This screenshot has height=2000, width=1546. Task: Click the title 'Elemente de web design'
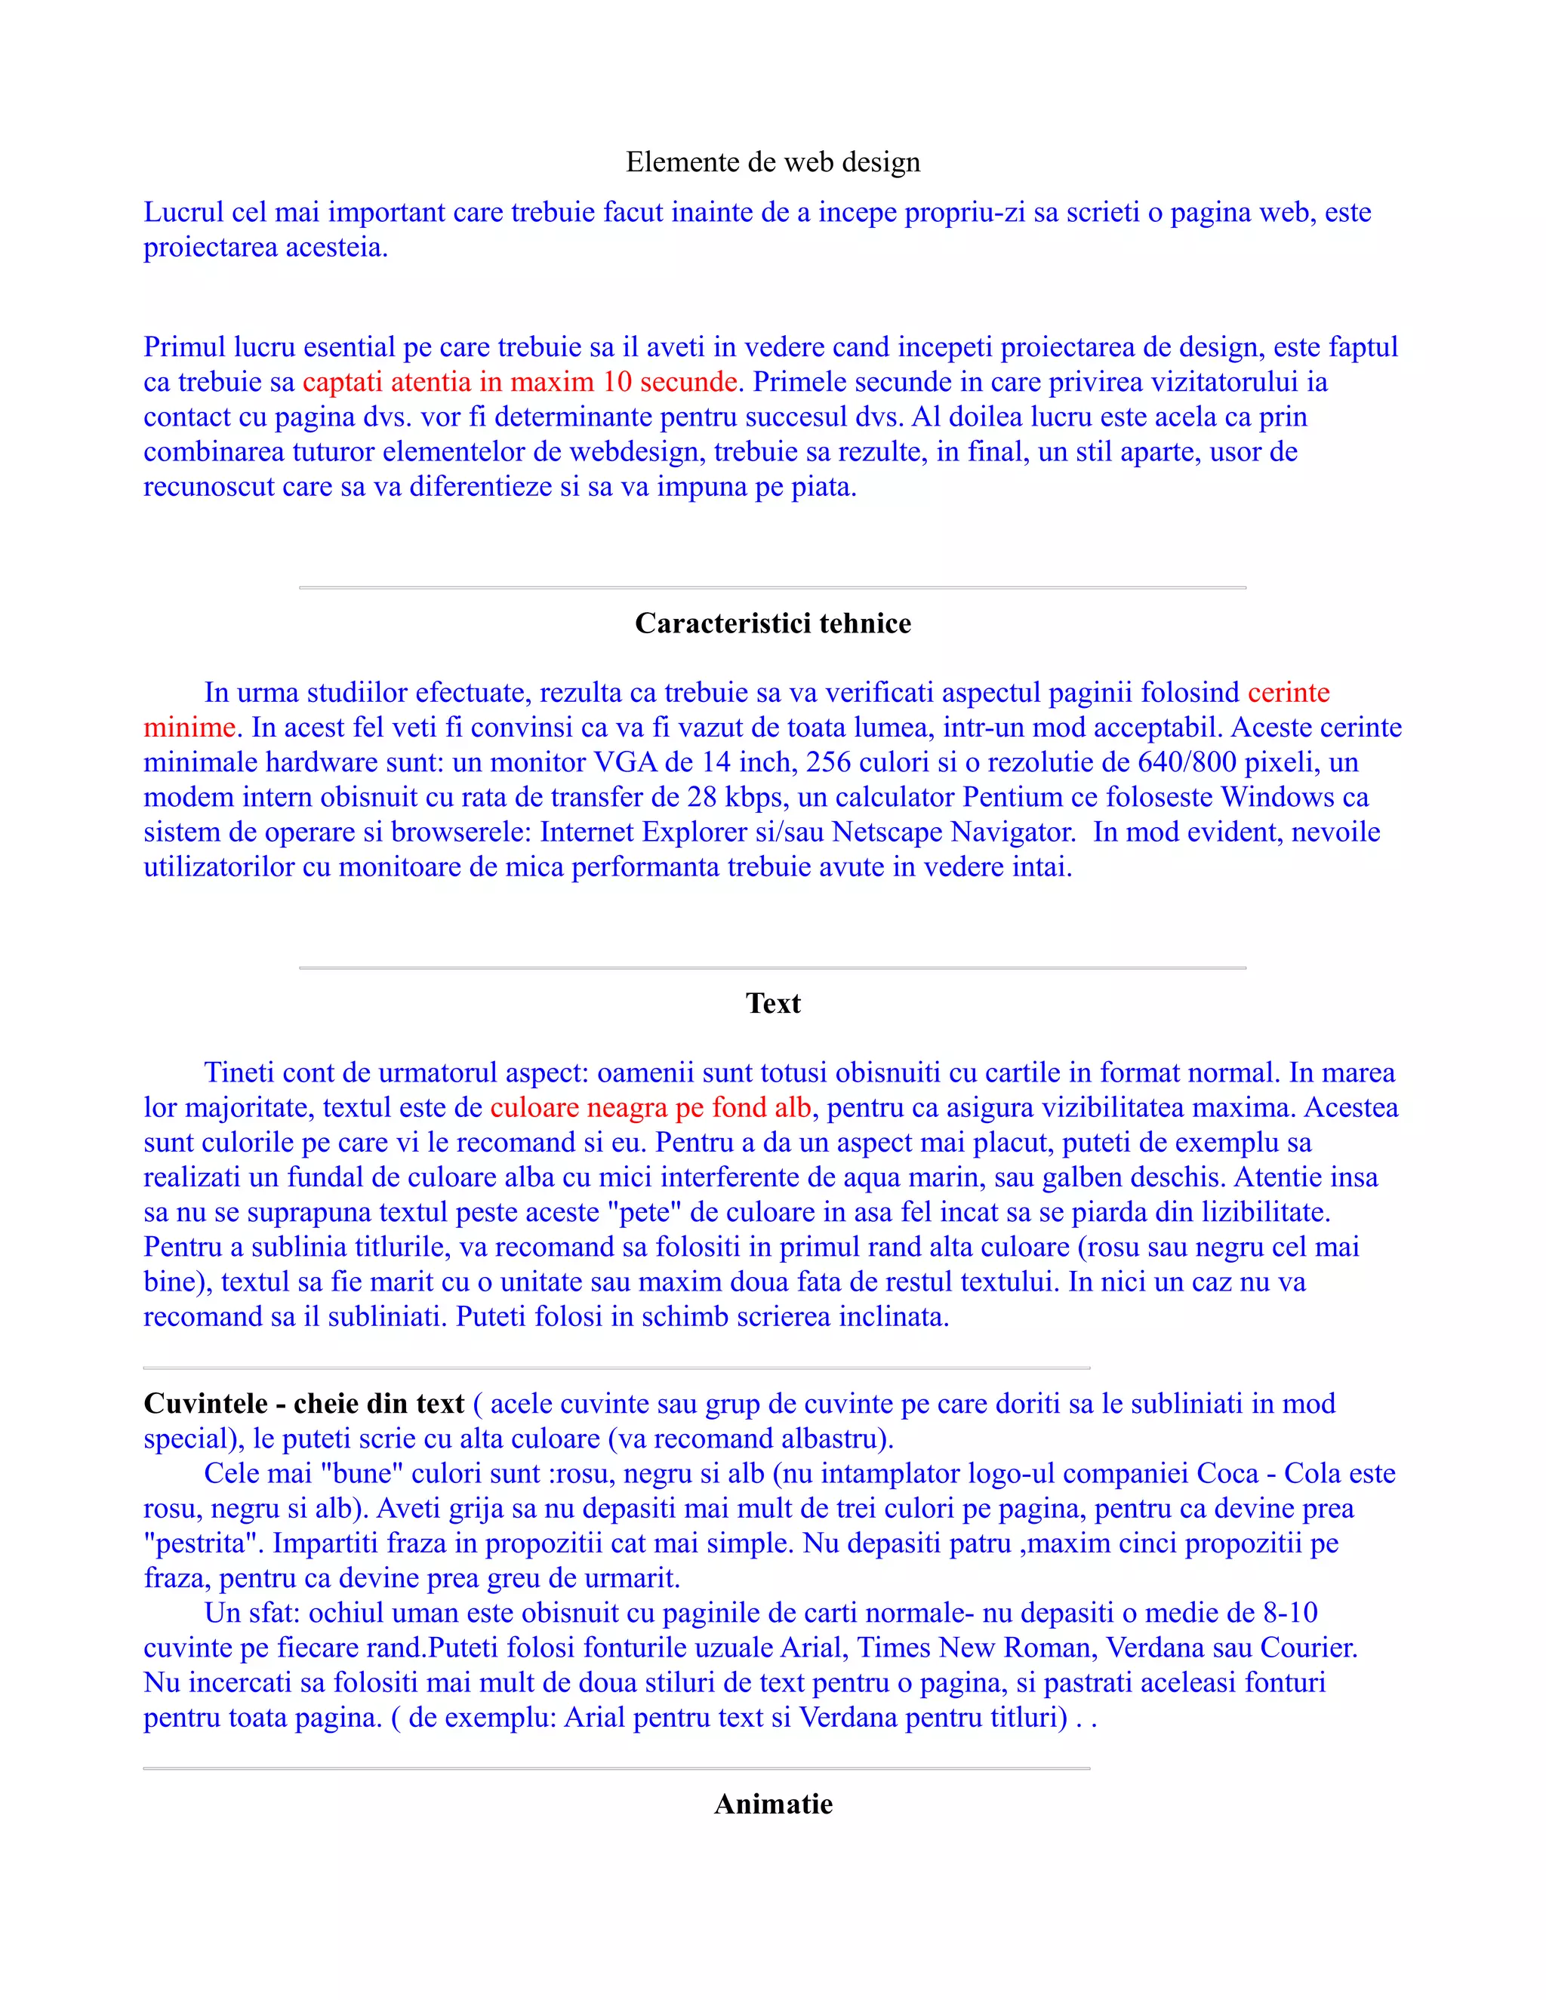[772, 162]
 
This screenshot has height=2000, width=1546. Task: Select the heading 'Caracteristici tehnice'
[772, 623]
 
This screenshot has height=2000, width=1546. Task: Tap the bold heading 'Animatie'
[772, 1804]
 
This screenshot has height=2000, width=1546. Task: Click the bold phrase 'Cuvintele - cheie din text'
[304, 1404]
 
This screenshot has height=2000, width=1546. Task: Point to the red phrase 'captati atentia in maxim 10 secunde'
[519, 382]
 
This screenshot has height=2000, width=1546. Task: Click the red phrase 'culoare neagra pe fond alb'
[650, 1108]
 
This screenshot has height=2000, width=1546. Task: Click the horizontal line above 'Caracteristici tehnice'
[772, 587]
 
